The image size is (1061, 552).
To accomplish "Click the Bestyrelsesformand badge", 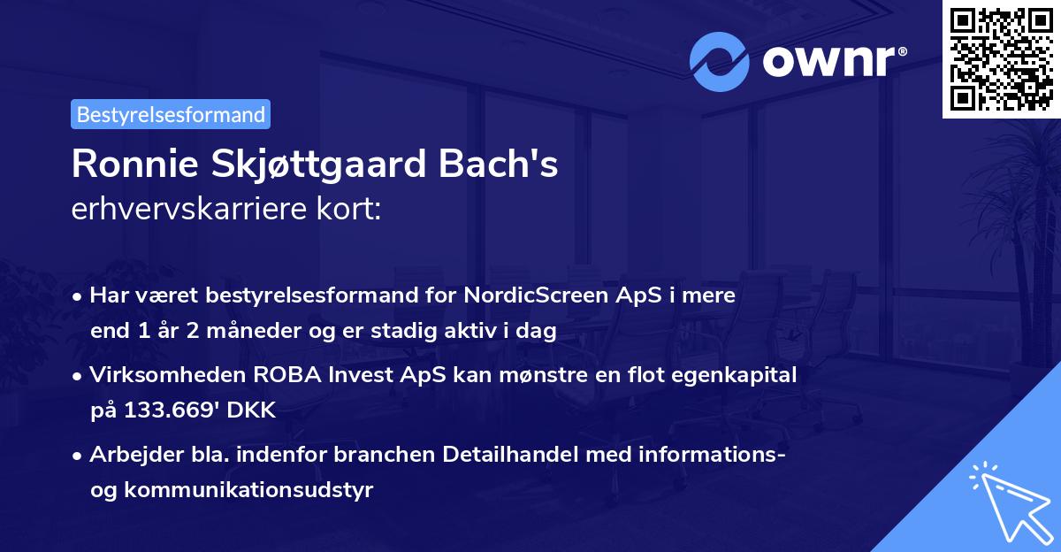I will point(171,114).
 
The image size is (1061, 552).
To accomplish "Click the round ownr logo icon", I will point(720,61).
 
